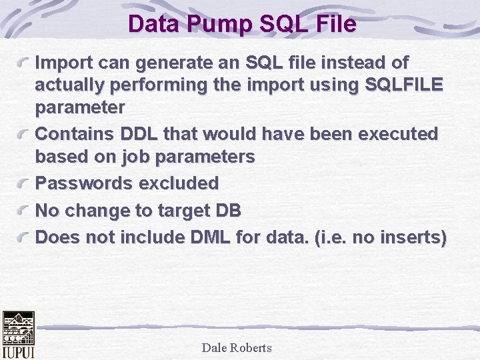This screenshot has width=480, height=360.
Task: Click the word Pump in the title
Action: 211,25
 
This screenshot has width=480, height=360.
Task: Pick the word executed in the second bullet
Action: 398,133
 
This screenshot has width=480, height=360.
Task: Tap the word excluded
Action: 179,183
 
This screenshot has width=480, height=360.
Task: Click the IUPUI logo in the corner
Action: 18,335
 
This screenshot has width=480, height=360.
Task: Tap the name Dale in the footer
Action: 215,347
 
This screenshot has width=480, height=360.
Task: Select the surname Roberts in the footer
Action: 252,347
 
